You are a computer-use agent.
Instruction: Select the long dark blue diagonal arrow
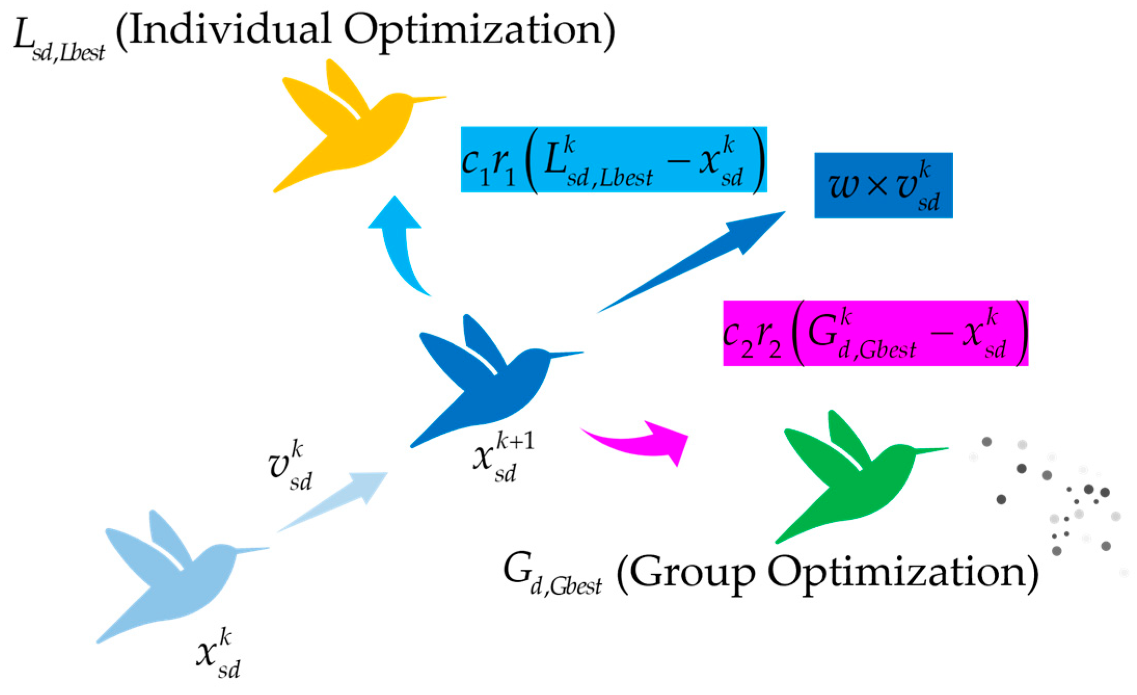click(x=696, y=260)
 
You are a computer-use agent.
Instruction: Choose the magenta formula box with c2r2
click(x=875, y=333)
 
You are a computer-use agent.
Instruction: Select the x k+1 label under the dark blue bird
click(x=501, y=457)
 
